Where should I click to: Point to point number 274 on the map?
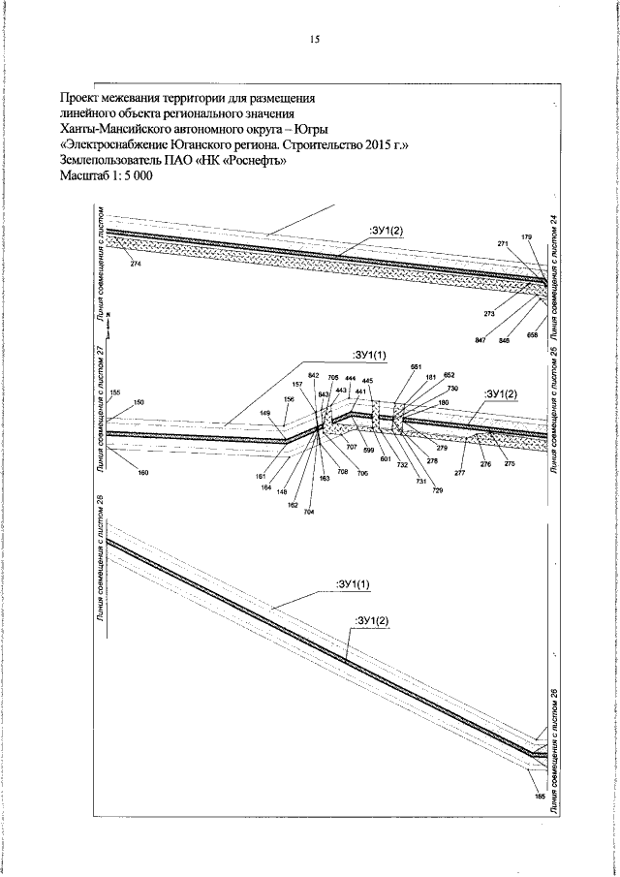pyautogui.click(x=135, y=265)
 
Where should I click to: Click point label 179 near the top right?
pyautogui.click(x=526, y=237)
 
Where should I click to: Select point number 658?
pyautogui.click(x=532, y=334)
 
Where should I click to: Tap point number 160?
pyautogui.click(x=143, y=472)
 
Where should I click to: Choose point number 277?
pyautogui.click(x=460, y=472)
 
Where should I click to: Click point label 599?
pyautogui.click(x=369, y=453)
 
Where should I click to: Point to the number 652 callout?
pyautogui.click(x=449, y=374)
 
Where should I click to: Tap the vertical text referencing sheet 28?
pyautogui.click(x=100, y=572)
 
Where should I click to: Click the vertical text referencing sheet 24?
pyautogui.click(x=553, y=262)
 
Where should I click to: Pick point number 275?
pyautogui.click(x=510, y=465)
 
